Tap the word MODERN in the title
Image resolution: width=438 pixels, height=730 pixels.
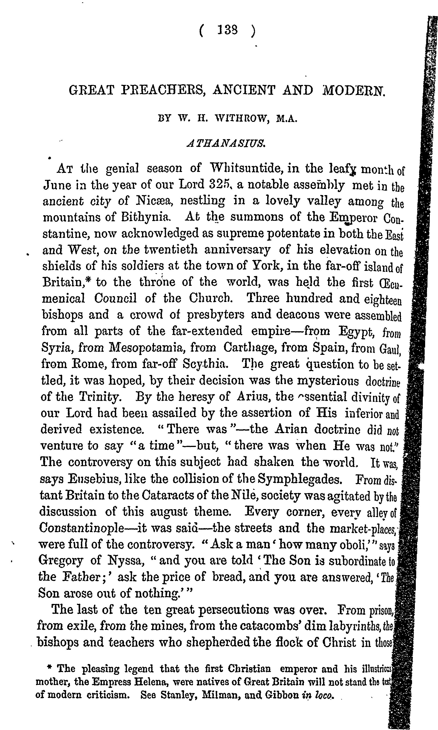coord(354,90)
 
